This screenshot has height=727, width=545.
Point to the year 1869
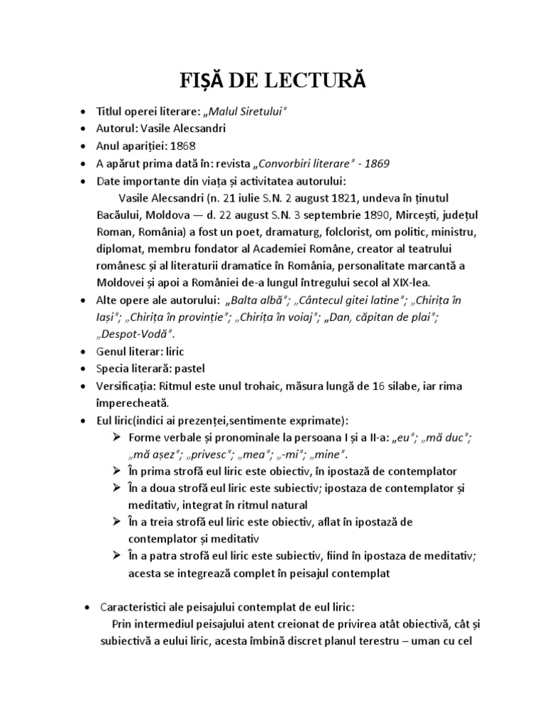coord(375,163)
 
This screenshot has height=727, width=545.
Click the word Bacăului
coord(124,214)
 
